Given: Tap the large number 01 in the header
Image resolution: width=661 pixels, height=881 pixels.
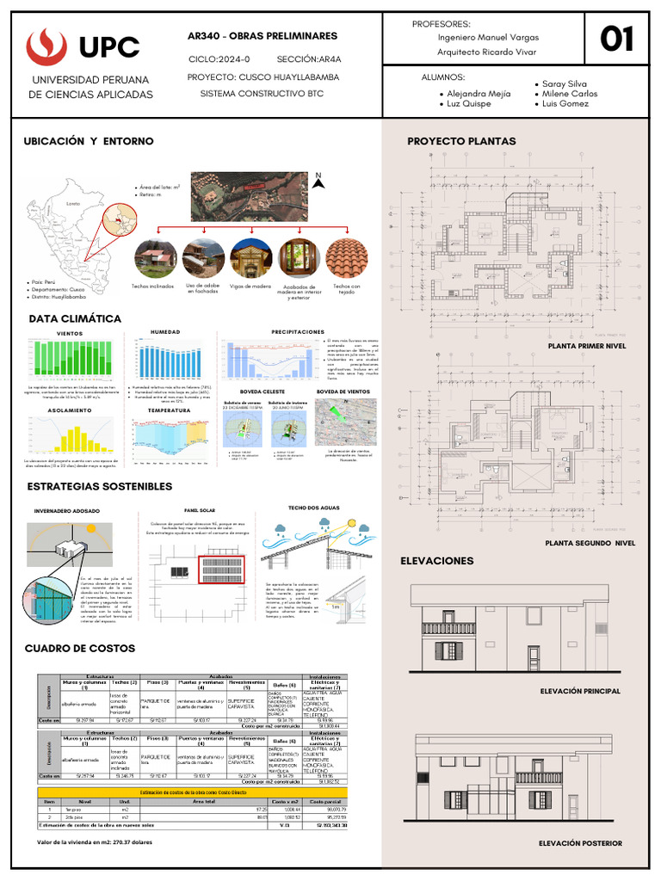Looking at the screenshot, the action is pyautogui.click(x=616, y=39).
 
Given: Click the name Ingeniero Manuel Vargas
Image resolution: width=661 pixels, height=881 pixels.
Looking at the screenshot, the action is pyautogui.click(x=488, y=38).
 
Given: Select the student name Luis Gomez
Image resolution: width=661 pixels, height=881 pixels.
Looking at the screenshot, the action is pyautogui.click(x=565, y=103).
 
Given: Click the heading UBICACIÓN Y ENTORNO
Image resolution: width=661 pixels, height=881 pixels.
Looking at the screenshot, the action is pyautogui.click(x=89, y=140).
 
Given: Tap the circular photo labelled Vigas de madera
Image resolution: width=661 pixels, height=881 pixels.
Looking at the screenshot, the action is pyautogui.click(x=251, y=259).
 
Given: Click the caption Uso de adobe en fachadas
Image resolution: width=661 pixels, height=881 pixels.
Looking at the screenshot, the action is pyautogui.click(x=203, y=289).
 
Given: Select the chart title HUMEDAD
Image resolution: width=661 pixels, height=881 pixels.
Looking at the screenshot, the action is pyautogui.click(x=166, y=331).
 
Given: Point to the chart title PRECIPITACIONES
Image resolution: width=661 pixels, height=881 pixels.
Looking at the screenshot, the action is pyautogui.click(x=298, y=331).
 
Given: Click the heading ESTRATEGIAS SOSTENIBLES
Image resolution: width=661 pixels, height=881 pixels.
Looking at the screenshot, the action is pyautogui.click(x=100, y=486).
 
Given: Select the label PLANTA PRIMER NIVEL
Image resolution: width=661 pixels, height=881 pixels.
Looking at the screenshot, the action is pyautogui.click(x=586, y=346).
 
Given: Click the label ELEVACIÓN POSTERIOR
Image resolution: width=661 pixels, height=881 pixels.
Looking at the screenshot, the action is pyautogui.click(x=579, y=843).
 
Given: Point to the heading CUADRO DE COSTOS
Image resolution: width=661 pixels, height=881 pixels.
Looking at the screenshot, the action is pyautogui.click(x=80, y=648).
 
